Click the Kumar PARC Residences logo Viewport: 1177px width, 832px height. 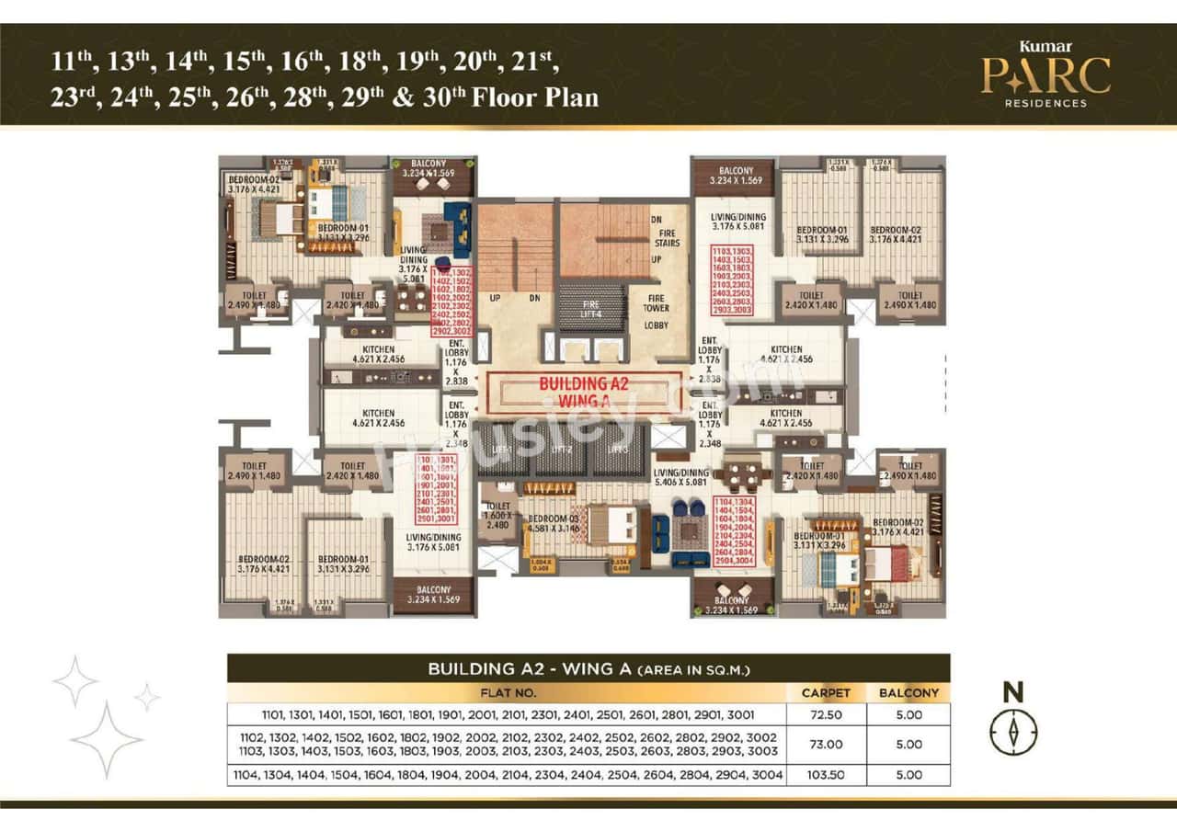(x=1045, y=74)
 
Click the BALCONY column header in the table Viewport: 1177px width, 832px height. (x=908, y=692)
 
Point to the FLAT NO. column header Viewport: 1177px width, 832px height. (x=507, y=692)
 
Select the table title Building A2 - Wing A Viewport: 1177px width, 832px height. (x=588, y=668)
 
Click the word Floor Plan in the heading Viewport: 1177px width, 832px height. (x=535, y=97)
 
